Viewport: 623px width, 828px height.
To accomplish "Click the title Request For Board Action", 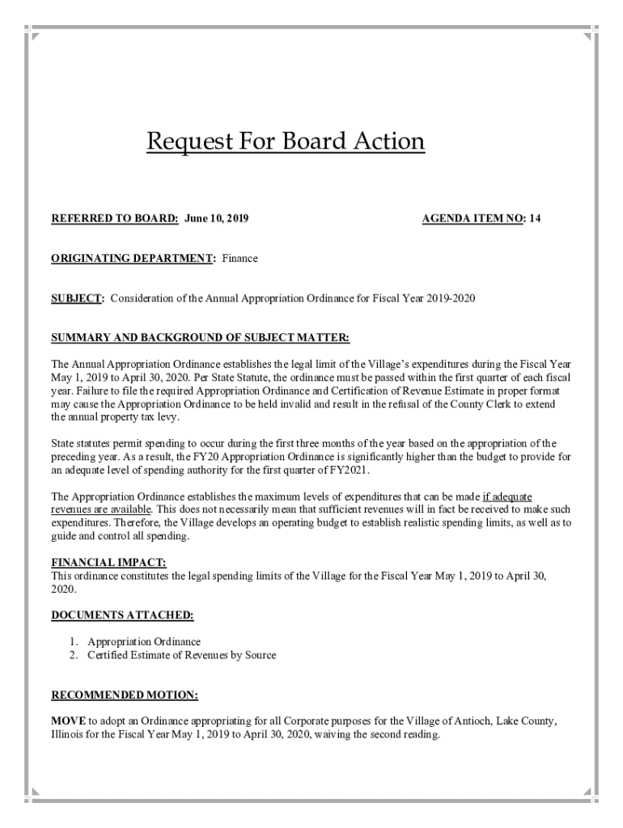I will coord(285,142).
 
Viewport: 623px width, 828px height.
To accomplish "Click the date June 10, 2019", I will coord(217,219).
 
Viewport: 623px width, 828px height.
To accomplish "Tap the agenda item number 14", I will coord(536,219).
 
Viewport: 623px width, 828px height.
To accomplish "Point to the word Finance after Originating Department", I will coord(240,258).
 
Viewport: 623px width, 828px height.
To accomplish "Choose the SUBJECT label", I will coord(78,298).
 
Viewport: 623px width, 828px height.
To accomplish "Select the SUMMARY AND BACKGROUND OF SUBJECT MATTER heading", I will coord(200,337).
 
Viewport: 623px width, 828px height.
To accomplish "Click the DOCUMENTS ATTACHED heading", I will coord(122,615).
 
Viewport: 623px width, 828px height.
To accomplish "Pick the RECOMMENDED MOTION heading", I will coord(125,695).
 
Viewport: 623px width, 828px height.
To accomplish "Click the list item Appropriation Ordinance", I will coord(144,642).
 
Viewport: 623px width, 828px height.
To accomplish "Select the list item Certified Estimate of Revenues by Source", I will coord(181,655).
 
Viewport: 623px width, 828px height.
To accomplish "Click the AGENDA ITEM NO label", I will coord(473,219).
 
